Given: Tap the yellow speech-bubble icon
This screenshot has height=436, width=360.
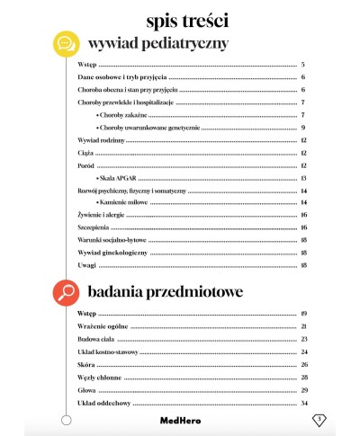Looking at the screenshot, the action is click(64, 42).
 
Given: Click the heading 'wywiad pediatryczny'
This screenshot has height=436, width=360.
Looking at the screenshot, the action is click(157, 43).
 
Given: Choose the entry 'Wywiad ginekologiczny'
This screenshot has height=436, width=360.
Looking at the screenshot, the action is click(103, 254).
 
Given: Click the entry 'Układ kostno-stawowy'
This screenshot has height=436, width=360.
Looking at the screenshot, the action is click(105, 351).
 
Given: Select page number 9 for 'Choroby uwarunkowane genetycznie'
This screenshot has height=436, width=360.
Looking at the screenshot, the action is click(304, 129).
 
